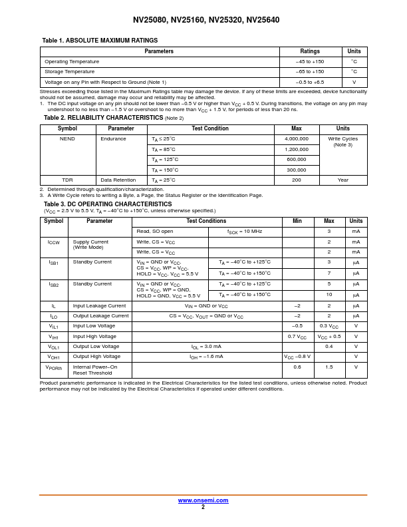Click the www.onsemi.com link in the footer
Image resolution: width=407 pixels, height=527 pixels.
pyautogui.click(x=203, y=500)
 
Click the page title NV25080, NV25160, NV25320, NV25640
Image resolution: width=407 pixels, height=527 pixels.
pyautogui.click(x=206, y=20)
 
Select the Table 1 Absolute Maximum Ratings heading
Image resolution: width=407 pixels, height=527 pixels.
pyautogui.click(x=100, y=41)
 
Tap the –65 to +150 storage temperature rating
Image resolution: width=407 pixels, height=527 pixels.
pyautogui.click(x=310, y=72)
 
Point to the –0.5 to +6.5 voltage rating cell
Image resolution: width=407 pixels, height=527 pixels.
pyautogui.click(x=310, y=82)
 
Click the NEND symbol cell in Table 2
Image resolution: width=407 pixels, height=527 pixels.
pyautogui.click(x=67, y=139)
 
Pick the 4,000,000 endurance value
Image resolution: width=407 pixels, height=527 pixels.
pyautogui.click(x=296, y=139)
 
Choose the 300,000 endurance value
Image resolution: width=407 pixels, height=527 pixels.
pyautogui.click(x=296, y=170)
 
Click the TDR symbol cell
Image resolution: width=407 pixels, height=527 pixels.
pyautogui.click(x=67, y=180)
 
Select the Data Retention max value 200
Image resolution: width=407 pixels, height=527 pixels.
pyautogui.click(x=296, y=180)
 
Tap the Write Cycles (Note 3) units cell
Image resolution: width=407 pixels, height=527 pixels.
pyautogui.click(x=342, y=142)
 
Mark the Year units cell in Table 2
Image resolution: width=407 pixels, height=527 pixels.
pyautogui.click(x=342, y=180)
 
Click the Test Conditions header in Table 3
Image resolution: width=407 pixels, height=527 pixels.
pyautogui.click(x=206, y=221)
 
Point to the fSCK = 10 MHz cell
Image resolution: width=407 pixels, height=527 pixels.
pyautogui.click(x=245, y=232)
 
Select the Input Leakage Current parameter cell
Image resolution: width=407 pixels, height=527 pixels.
pyautogui.click(x=99, y=306)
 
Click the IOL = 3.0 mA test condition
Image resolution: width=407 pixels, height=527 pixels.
pyautogui.click(x=206, y=347)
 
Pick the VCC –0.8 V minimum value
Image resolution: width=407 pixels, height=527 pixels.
pyautogui.click(x=297, y=357)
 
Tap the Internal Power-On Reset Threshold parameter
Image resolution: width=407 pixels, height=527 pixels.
pyautogui.click(x=95, y=370)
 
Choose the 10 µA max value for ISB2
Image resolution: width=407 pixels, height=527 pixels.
pyautogui.click(x=329, y=295)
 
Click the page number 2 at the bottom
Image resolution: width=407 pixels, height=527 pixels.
pyautogui.click(x=203, y=507)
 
